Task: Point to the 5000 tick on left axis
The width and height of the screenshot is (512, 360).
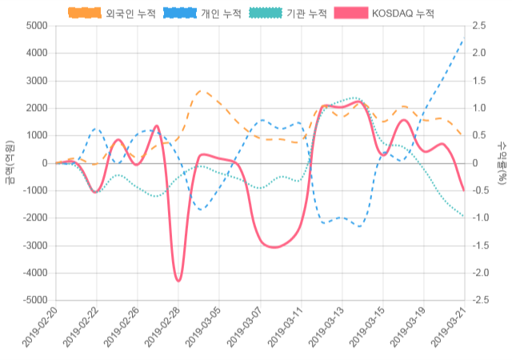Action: [35, 26]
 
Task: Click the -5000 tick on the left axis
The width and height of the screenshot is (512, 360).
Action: [33, 301]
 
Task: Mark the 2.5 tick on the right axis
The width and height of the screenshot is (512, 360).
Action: [480, 26]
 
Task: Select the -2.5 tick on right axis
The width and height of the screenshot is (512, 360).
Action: [482, 301]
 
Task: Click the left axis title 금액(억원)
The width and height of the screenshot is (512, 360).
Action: [10, 162]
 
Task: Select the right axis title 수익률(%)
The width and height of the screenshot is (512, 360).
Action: [502, 162]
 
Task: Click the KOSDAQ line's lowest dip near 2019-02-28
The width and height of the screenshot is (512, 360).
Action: [178, 280]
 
